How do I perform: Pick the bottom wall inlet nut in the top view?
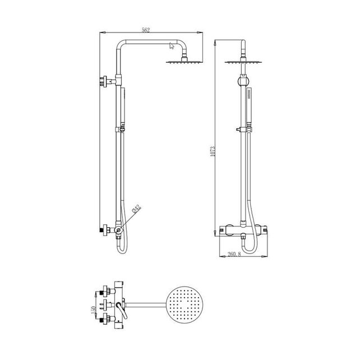click(x=104, y=321)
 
